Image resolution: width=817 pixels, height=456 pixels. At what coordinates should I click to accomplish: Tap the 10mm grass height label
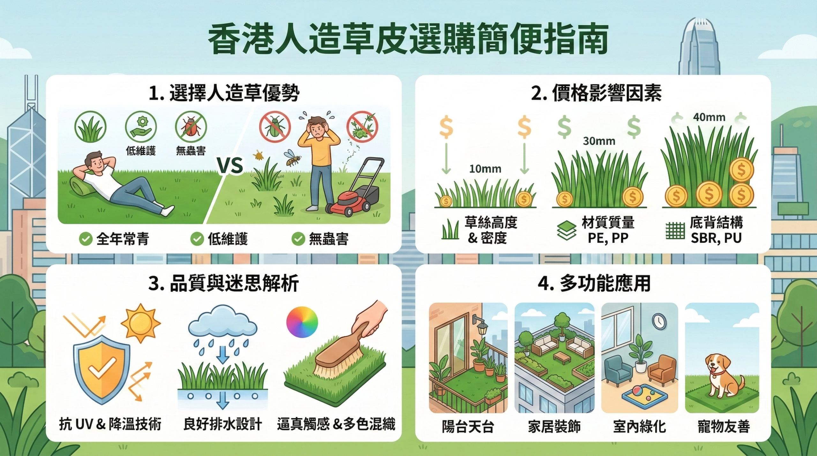[485, 169]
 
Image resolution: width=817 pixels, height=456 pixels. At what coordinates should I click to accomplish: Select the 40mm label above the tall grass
[709, 117]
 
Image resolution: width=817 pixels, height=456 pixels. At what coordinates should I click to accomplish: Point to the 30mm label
[599, 141]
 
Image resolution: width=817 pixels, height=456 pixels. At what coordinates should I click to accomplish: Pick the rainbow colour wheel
[302, 322]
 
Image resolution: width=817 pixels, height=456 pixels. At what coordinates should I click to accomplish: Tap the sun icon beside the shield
[141, 323]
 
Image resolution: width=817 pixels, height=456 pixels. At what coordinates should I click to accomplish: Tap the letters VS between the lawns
[230, 165]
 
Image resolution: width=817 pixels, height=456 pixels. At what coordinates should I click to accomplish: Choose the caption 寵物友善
[723, 427]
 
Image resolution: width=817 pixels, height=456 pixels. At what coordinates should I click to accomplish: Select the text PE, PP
[608, 238]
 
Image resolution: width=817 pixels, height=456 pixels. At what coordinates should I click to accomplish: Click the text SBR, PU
[716, 238]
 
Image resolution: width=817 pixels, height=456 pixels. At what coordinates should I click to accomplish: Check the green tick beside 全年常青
[86, 239]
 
